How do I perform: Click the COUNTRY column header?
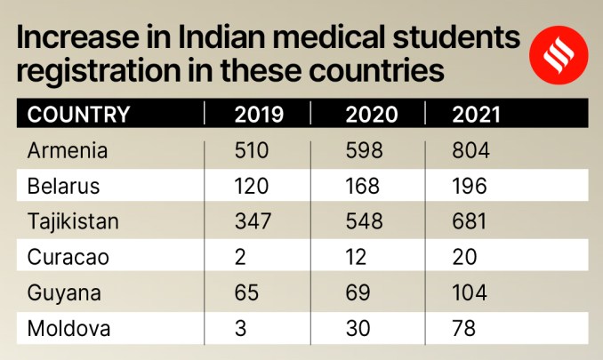tap(79, 115)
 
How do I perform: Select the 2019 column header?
tap(259, 115)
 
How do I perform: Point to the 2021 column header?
tap(478, 115)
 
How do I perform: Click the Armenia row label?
tap(68, 151)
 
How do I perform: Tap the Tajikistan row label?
tap(73, 222)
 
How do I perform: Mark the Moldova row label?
tap(68, 329)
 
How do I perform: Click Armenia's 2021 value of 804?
tap(471, 151)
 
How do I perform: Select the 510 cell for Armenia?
tap(252, 151)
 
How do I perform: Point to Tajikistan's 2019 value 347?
tap(253, 222)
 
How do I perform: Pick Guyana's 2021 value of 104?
tap(471, 293)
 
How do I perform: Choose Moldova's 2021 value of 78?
tap(464, 329)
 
